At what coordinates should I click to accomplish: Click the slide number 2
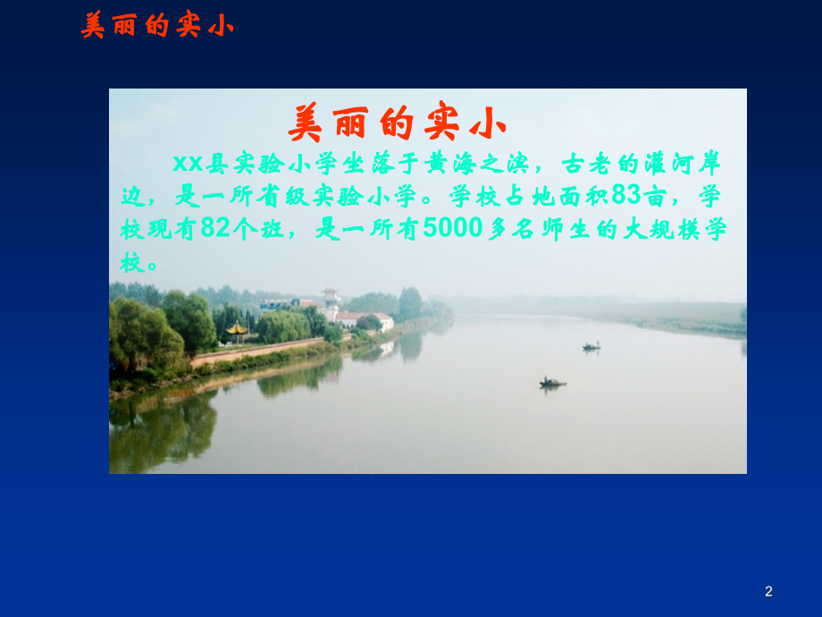coord(768,591)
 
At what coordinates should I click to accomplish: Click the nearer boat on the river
coord(552,383)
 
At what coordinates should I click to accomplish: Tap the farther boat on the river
coord(591,346)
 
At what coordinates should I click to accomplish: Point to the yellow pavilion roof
coord(237,329)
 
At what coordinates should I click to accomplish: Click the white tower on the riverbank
coord(331,304)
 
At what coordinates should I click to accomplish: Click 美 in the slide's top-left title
coord(93,26)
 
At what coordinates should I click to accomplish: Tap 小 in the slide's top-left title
coord(221,26)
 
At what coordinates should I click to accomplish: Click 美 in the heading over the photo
coord(306,123)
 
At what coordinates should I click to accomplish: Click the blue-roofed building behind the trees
coord(277,305)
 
